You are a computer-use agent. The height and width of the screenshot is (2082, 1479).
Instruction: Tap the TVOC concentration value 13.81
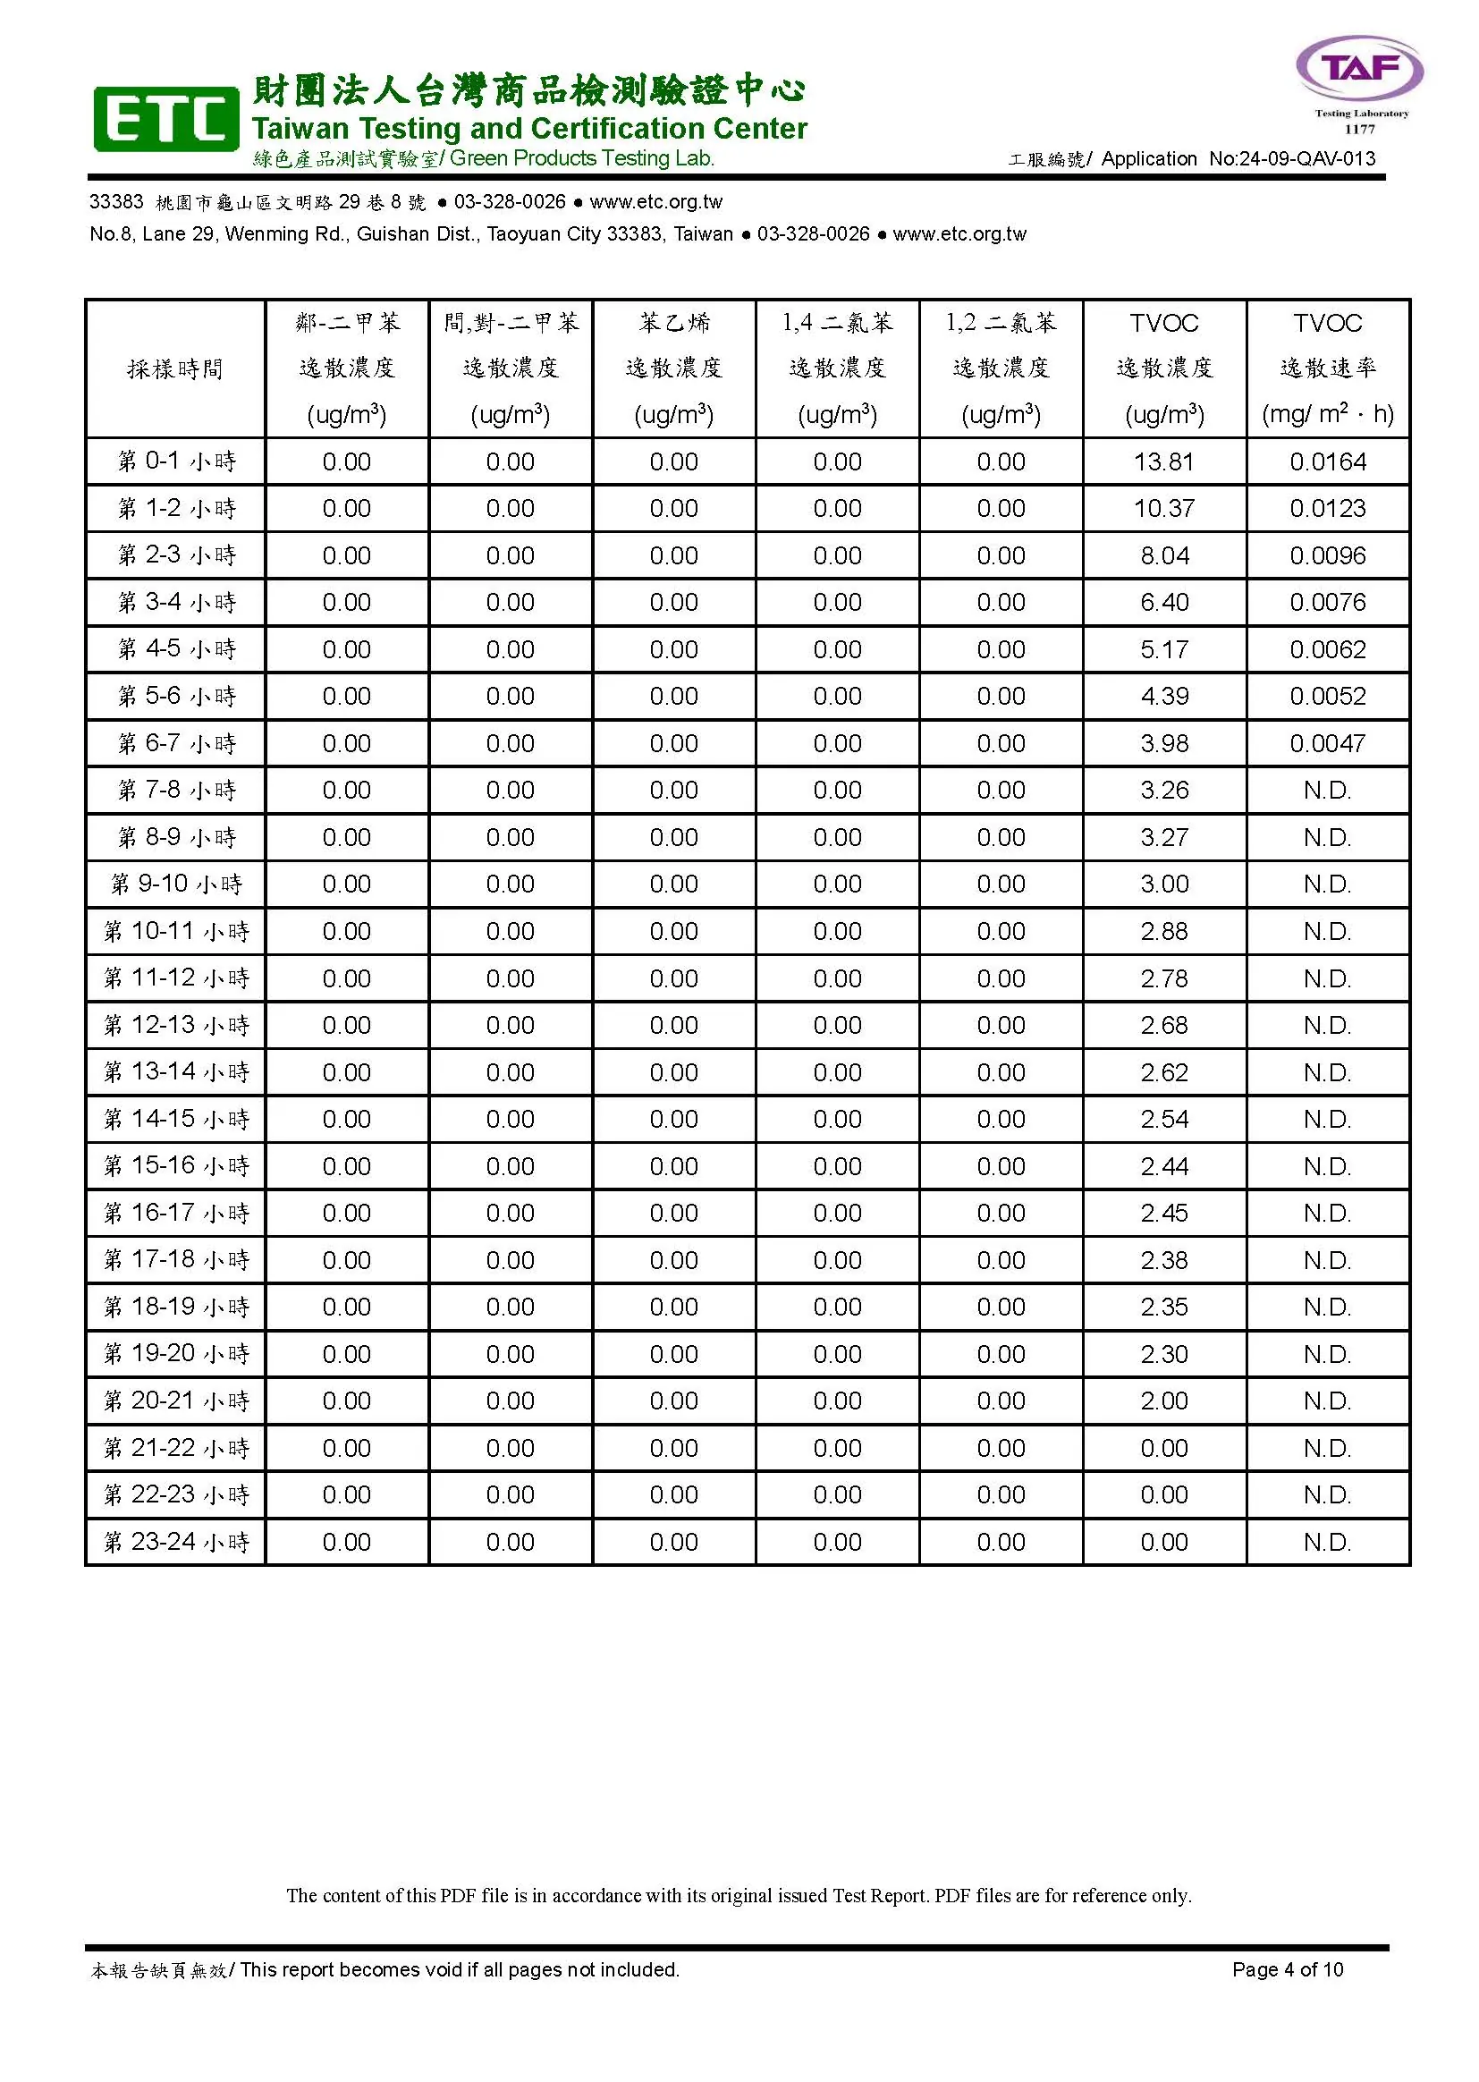click(x=1164, y=461)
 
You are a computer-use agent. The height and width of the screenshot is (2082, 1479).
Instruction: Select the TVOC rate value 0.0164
click(x=1327, y=461)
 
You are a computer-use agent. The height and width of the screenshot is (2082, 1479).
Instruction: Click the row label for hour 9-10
click(x=176, y=884)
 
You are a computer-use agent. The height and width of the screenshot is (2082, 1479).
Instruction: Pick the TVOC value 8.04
click(x=1164, y=555)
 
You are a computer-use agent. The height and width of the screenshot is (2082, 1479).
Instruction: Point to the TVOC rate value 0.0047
click(x=1327, y=743)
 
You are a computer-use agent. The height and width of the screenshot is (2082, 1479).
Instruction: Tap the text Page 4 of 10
click(x=1287, y=1969)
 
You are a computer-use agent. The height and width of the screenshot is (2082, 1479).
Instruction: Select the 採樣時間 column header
click(x=175, y=368)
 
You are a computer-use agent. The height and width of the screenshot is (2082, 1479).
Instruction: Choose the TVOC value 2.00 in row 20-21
click(x=1164, y=1401)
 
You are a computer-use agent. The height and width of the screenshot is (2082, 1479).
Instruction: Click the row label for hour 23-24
click(x=176, y=1542)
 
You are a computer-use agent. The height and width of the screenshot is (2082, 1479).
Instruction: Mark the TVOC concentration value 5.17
click(x=1164, y=649)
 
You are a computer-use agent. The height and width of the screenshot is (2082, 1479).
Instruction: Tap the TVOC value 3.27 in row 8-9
click(x=1164, y=837)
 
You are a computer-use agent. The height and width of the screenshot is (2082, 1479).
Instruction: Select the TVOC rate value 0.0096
click(x=1327, y=555)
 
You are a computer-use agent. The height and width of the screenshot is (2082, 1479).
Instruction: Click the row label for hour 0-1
click(x=176, y=461)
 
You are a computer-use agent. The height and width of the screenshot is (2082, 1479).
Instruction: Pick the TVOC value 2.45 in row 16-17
click(x=1164, y=1213)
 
